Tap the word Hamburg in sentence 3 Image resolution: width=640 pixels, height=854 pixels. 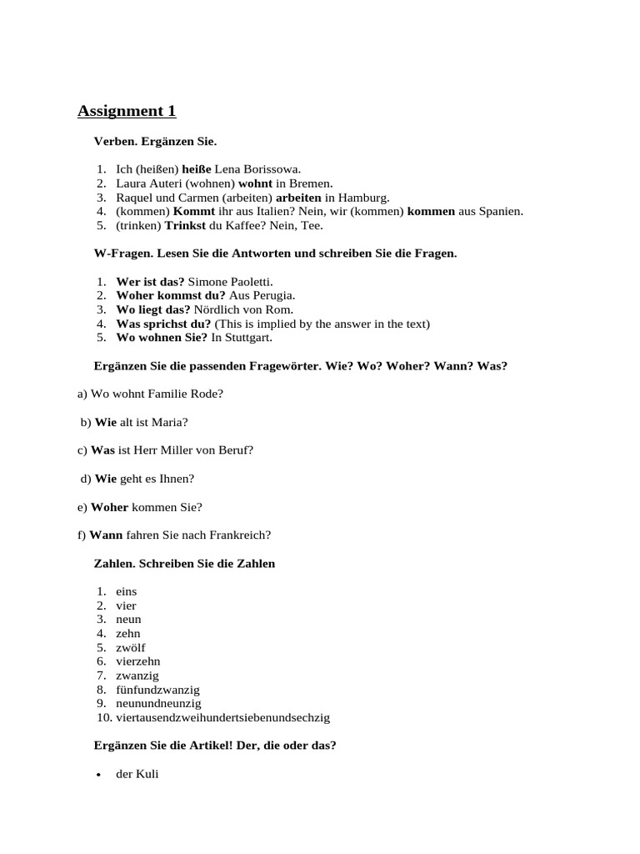(x=363, y=198)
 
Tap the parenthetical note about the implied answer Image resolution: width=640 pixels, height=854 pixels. (x=322, y=324)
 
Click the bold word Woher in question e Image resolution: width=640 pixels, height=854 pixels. (x=109, y=507)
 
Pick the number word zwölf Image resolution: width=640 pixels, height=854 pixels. (x=131, y=648)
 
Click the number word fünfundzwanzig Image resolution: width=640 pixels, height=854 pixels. (x=157, y=690)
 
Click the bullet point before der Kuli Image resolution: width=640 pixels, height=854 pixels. (x=99, y=776)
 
